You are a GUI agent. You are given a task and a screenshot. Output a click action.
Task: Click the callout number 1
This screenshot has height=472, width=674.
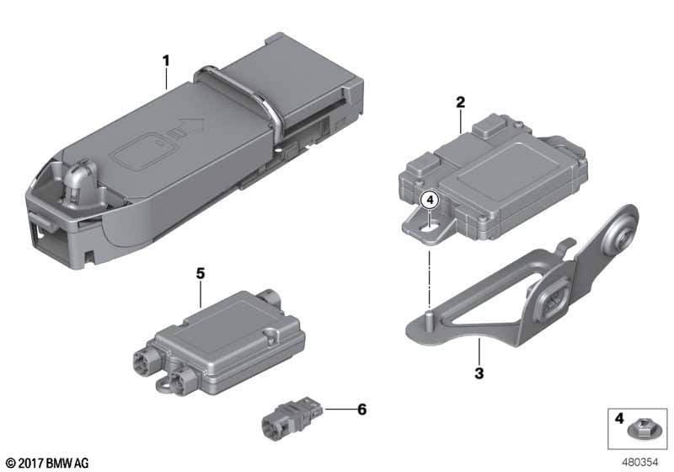166,61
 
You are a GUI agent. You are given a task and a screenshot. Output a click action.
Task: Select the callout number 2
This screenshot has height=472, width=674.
460,102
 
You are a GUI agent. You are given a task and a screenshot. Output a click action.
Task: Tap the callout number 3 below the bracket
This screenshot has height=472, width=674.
479,373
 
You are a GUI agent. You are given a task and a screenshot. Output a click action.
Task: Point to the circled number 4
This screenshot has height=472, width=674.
431,200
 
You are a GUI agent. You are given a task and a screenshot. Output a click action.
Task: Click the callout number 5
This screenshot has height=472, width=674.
201,273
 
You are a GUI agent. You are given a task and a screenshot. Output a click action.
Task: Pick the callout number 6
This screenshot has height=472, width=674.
362,410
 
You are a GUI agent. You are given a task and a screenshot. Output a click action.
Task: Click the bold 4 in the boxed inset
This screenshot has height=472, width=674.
619,418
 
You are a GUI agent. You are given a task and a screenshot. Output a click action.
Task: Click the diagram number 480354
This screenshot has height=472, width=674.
639,463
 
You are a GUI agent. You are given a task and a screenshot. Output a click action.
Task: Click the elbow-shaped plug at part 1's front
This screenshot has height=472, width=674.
78,180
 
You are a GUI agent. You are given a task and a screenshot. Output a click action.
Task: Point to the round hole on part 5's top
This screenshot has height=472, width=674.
271,334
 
